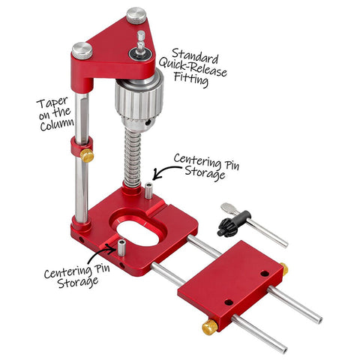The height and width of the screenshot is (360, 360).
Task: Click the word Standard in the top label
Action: (195, 56)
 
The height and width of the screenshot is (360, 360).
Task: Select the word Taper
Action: (52, 102)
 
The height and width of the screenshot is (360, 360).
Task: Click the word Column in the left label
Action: (57, 124)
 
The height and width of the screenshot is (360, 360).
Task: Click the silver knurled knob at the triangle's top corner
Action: (136, 16)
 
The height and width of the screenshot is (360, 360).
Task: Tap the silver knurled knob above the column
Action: (82, 51)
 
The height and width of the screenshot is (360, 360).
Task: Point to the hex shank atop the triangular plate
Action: (141, 43)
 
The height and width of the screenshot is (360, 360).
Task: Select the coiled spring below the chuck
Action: (133, 158)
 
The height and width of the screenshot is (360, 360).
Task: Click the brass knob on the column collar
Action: (87, 155)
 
